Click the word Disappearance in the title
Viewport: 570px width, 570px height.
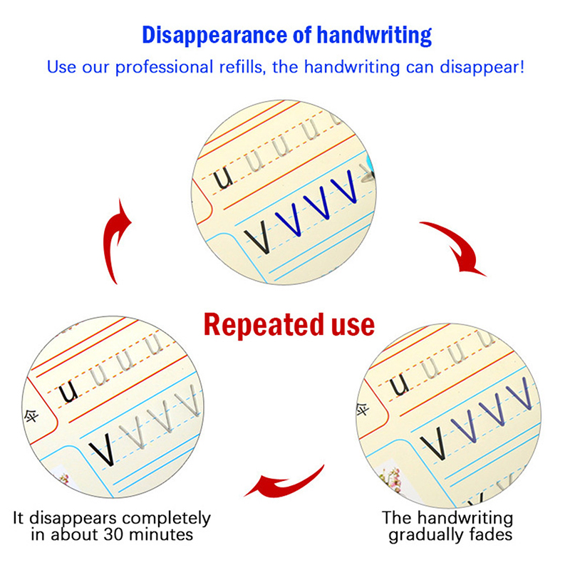215,35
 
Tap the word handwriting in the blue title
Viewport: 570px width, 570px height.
375,36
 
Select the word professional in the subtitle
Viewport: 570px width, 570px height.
165,68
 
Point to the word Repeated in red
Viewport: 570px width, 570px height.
264,324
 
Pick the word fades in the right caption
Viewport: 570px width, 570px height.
491,534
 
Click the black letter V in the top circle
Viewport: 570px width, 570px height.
258,237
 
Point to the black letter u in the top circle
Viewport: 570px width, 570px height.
222,177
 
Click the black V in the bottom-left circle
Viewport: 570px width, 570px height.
103,450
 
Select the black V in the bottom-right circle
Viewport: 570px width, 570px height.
433,443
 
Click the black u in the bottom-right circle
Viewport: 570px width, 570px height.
399,385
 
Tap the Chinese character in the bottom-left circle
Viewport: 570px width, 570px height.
31,415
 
